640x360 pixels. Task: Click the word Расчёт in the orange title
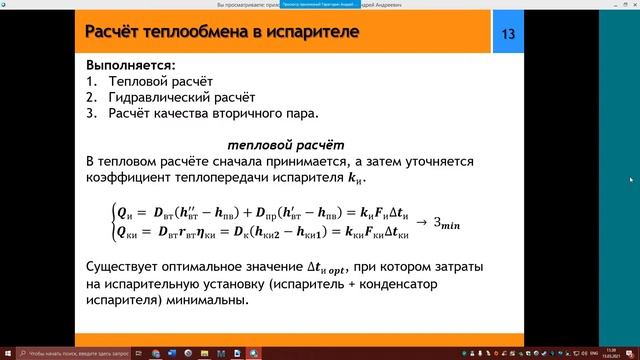118,34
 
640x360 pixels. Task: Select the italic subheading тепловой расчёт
286,144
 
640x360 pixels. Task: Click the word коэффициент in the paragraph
130,177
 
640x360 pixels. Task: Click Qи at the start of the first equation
123,211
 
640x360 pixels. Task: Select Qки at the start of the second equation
127,232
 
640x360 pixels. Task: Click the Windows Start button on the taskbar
8,353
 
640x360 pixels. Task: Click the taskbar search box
70,353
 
